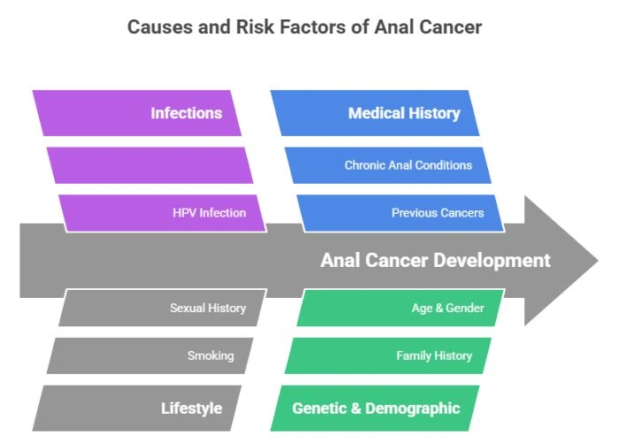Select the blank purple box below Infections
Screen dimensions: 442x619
click(149, 165)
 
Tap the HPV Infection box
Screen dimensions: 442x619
click(163, 213)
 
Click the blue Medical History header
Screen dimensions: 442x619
click(376, 113)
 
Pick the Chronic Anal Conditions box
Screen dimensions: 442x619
click(388, 165)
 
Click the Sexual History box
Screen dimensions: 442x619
click(163, 309)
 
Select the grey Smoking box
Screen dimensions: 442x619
click(149, 355)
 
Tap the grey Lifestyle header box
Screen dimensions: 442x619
click(137, 408)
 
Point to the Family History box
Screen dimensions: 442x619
click(388, 355)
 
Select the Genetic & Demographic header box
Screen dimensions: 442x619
click(376, 408)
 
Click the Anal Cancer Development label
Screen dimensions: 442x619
click(435, 261)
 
